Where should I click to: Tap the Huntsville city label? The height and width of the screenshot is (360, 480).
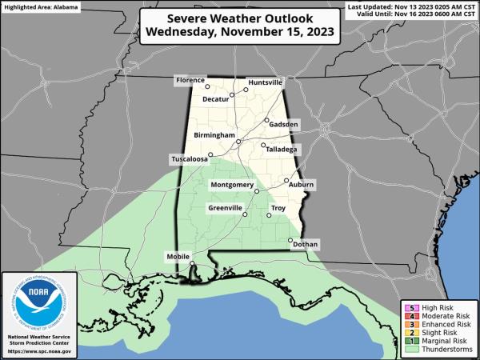266,82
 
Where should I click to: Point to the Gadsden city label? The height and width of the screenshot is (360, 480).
284,126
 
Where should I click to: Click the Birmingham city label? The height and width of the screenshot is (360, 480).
214,136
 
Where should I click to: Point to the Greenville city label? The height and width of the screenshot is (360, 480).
225,208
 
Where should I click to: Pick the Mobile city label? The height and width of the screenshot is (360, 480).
178,256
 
